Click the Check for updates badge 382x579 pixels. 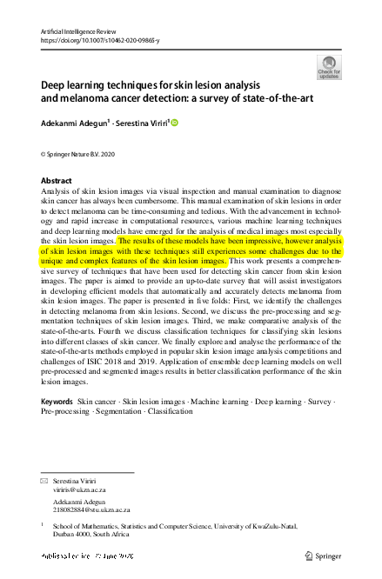coord(329,67)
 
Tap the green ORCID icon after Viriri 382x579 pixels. coord(174,123)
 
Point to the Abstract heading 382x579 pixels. coord(57,181)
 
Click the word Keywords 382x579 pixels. coord(57,401)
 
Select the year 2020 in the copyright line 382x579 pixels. coord(104,154)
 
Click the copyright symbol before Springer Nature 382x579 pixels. coord(44,154)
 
